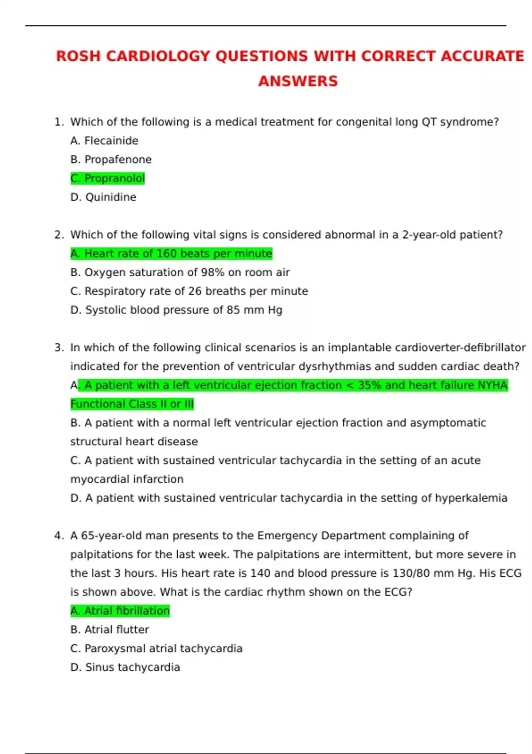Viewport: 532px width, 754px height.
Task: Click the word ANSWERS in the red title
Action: coord(298,81)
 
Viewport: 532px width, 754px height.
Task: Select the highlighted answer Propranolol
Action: coord(108,178)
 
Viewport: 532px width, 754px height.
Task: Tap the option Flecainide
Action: coord(104,141)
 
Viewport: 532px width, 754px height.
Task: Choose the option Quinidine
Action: coord(103,197)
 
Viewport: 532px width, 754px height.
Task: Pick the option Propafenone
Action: coord(111,159)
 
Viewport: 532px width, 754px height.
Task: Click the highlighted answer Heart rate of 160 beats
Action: coord(171,253)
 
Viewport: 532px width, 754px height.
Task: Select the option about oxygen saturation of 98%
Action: coord(180,272)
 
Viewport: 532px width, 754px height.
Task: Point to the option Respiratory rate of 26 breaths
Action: coord(189,291)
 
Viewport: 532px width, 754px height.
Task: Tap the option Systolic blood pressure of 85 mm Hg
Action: coord(176,310)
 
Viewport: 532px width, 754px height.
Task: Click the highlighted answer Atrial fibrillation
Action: coord(120,611)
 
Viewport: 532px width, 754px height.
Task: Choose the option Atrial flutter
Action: coord(110,629)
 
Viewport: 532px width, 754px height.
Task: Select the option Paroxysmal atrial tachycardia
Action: coord(156,648)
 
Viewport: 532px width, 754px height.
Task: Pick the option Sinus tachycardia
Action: coord(125,667)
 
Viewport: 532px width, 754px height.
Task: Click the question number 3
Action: coord(59,348)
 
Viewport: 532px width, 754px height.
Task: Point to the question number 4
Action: coord(59,536)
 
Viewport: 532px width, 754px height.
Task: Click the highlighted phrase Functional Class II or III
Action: coord(132,404)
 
